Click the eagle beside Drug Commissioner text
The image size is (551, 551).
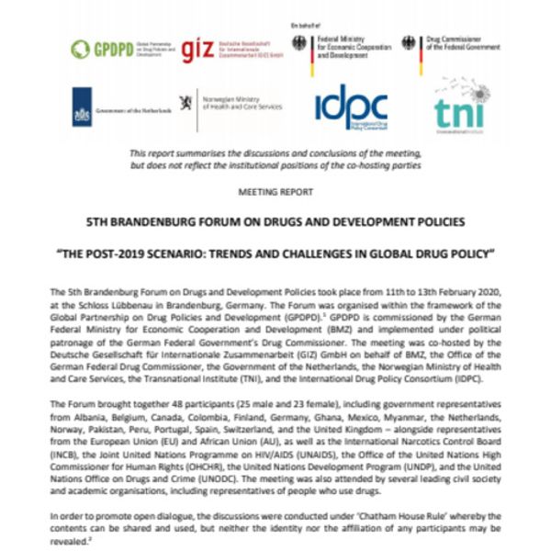pyautogui.click(x=409, y=43)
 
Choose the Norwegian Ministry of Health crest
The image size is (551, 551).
pyautogui.click(x=186, y=102)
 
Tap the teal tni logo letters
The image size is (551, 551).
pyautogui.click(x=458, y=110)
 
